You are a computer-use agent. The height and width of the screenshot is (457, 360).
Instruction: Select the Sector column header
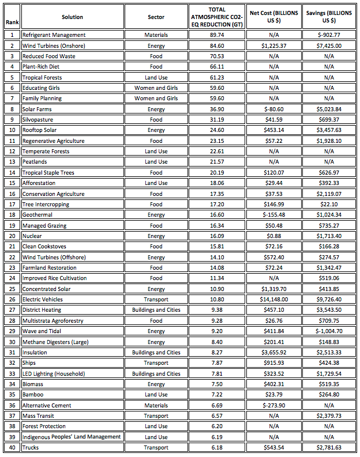click(156, 17)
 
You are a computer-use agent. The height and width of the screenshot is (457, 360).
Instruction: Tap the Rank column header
click(12, 23)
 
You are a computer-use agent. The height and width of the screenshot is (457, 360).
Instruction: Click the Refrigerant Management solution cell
click(54, 35)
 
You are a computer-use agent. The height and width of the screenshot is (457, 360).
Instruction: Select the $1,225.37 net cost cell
click(273, 46)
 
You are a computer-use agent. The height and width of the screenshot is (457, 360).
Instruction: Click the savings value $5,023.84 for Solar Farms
click(329, 109)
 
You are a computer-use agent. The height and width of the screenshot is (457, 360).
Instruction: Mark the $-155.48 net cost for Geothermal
click(273, 215)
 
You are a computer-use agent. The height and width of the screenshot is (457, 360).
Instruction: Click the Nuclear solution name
click(32, 236)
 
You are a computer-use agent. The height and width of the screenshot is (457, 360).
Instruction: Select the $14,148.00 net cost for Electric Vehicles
click(273, 300)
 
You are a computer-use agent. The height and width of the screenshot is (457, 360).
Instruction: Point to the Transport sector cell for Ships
click(156, 363)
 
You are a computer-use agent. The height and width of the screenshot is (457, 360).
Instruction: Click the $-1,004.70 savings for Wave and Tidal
click(329, 331)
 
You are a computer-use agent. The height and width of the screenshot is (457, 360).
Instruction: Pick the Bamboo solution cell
click(32, 395)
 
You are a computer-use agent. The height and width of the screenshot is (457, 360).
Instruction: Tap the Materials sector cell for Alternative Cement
click(156, 405)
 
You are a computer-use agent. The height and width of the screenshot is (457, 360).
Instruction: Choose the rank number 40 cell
click(12, 448)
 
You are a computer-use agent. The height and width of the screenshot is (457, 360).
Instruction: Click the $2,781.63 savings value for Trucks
click(329, 448)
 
